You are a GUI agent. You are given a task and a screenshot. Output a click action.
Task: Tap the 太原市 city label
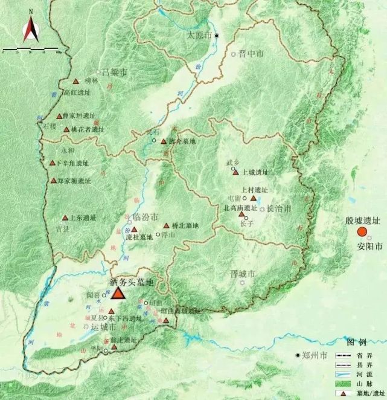pyautogui.click(x=199, y=36)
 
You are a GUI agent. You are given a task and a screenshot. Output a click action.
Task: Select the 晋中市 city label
pyautogui.click(x=251, y=54)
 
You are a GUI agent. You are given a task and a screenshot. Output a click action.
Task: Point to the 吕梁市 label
pyautogui.click(x=114, y=73)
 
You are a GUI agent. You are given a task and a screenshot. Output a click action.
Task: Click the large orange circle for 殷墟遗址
pyautogui.click(x=362, y=232)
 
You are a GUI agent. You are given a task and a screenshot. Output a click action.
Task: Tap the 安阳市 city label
pyautogui.click(x=369, y=247)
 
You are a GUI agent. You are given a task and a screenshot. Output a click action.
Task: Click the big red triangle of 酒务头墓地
pyautogui.click(x=117, y=292)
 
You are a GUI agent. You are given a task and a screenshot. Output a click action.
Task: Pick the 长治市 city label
pyautogui.click(x=279, y=208)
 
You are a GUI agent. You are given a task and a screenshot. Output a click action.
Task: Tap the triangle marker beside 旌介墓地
pyautogui.click(x=164, y=141)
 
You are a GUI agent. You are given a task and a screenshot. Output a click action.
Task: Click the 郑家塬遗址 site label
pyautogui.click(x=75, y=181)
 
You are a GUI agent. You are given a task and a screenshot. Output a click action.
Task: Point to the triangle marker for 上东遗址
pyautogui.click(x=65, y=218)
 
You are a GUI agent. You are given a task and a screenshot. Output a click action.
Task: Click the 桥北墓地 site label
pyautogui.click(x=185, y=225)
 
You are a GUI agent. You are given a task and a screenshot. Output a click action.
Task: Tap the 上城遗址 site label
pyautogui.click(x=254, y=172)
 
